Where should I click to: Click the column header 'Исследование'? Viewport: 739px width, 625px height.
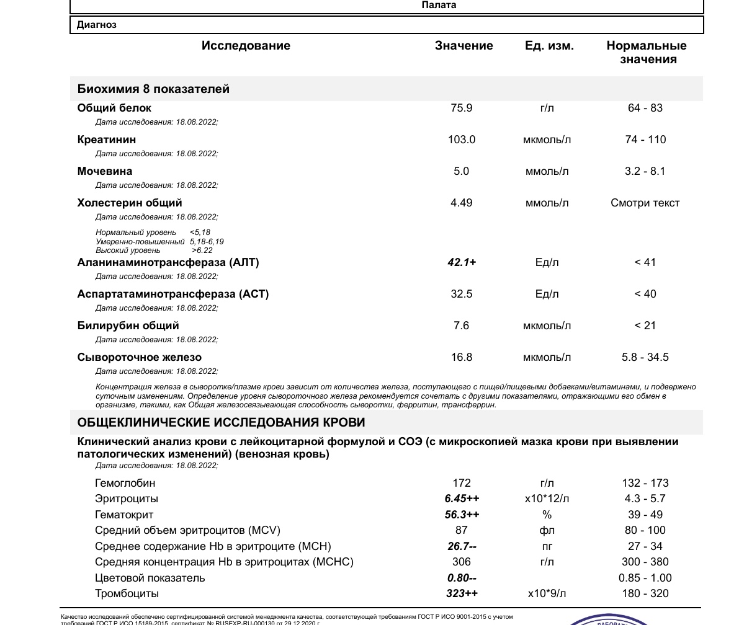tap(246, 46)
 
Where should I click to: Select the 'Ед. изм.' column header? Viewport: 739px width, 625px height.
tap(549, 46)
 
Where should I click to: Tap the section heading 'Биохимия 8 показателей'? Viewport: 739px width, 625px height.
tap(153, 89)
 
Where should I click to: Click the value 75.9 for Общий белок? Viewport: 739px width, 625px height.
tap(461, 108)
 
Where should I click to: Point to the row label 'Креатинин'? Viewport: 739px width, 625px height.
tap(107, 140)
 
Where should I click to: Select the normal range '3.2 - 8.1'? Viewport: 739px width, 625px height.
tap(645, 171)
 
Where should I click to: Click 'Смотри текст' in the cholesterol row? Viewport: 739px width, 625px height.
tap(645, 203)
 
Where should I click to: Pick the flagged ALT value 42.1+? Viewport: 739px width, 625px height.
tap(462, 262)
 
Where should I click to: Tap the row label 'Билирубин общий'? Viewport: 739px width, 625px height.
tap(128, 326)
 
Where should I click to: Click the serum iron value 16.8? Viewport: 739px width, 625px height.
tap(461, 357)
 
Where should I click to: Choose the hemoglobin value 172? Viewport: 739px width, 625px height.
tap(462, 483)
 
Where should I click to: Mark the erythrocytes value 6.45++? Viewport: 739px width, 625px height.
tap(462, 499)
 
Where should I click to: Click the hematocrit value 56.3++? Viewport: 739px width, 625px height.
tap(462, 515)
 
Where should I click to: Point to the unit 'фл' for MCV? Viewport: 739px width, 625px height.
tap(547, 530)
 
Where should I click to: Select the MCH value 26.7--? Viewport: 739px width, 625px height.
tap(462, 546)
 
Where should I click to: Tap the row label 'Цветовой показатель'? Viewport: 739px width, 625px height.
tap(150, 578)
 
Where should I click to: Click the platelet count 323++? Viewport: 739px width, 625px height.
tap(462, 593)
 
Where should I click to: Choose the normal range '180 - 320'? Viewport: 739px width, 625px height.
tap(645, 593)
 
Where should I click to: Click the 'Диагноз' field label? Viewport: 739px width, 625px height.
tap(97, 25)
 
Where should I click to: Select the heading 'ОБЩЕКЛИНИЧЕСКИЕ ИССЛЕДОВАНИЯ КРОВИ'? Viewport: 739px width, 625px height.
tap(221, 422)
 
